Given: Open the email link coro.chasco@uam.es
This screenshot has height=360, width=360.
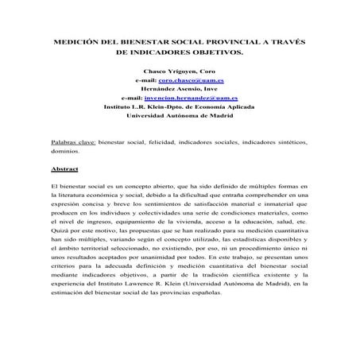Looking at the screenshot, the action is tap(192, 80).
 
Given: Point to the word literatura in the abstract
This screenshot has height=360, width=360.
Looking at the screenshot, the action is tap(68, 193).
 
